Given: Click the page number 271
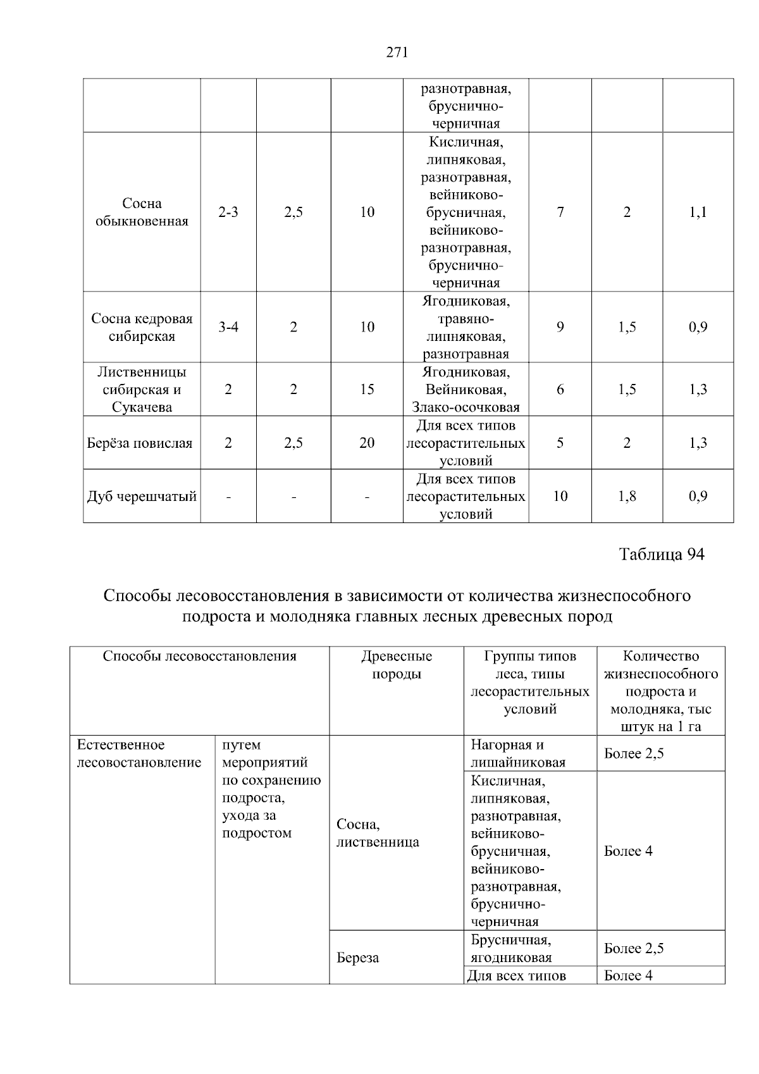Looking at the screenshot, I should tap(397, 52).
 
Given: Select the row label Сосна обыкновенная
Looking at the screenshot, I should tap(142, 212).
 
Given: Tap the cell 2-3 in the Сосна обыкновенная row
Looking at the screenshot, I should tap(228, 213).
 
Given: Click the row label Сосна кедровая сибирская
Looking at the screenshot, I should tap(142, 327).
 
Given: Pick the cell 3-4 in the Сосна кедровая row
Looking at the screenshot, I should tap(228, 327).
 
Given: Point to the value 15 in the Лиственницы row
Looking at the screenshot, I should tap(367, 389).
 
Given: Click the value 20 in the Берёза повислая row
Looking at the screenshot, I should tap(367, 443).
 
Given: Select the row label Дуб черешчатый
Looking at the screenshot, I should tap(142, 496).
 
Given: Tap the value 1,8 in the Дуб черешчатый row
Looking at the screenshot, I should tap(627, 496).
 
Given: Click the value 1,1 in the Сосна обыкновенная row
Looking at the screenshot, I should tap(698, 213).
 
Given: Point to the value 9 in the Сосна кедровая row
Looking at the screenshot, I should tap(560, 327).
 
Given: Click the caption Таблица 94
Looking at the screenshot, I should tap(661, 555).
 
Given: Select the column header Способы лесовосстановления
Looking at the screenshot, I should tap(199, 656).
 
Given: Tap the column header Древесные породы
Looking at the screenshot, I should tap(397, 665).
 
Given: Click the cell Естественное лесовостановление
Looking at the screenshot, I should tap(139, 753).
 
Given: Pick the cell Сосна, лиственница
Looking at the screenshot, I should tap(378, 833).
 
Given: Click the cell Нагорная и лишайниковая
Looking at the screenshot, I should tap(518, 753).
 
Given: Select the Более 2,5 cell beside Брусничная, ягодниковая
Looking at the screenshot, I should tap(634, 948).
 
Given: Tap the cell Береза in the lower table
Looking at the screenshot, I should tap(358, 958).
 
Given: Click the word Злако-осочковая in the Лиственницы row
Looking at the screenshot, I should tap(466, 407).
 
